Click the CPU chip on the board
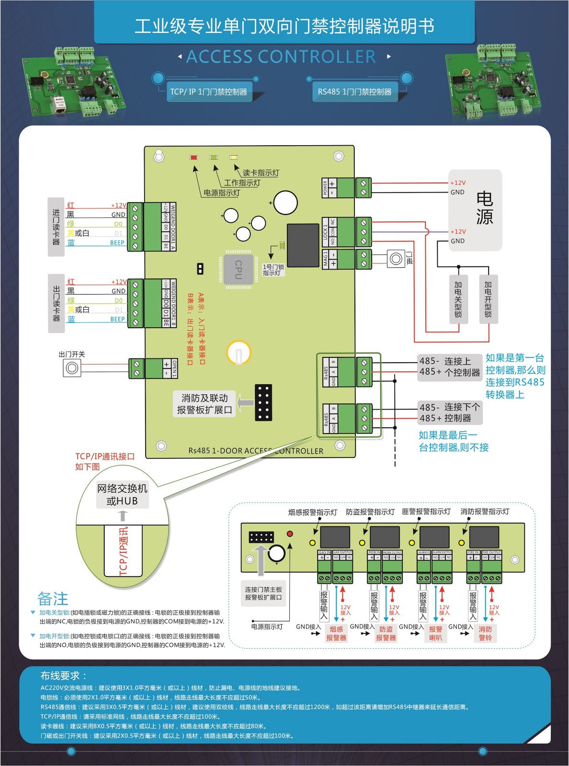238,270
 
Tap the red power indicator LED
193,158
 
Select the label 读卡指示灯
261,173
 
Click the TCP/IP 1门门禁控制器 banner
208,91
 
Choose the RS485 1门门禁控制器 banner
354,91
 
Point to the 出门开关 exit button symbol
72,368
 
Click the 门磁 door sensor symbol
396,259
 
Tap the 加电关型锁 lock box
458,299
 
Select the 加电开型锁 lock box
488,299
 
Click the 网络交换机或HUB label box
122,494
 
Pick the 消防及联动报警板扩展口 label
205,404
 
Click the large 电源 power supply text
484,208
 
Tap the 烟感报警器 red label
336,633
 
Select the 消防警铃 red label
485,633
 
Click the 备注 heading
53,599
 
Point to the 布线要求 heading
63,676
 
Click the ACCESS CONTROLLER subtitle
281,57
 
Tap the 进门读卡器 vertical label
56,227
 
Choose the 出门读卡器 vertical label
56,303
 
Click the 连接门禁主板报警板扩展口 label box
263,593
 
